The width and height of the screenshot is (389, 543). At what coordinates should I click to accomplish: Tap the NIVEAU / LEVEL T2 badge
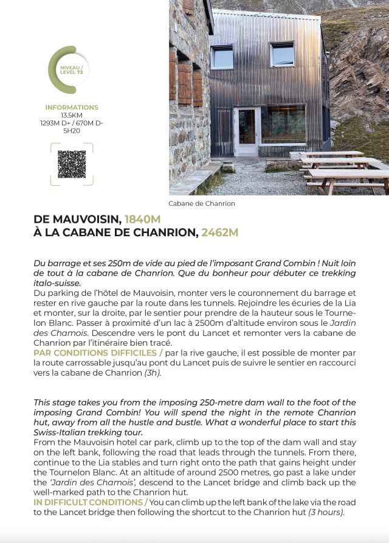pyautogui.click(x=72, y=69)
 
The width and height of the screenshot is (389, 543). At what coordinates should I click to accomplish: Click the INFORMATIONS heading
pyautogui.click(x=72, y=107)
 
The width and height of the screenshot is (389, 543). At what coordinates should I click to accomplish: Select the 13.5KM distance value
pyautogui.click(x=72, y=115)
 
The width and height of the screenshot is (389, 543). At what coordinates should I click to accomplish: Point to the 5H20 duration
pyautogui.click(x=72, y=130)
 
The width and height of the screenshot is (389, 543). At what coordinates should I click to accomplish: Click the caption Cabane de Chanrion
pyautogui.click(x=201, y=203)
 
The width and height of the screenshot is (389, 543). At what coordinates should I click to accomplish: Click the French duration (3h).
pyautogui.click(x=153, y=373)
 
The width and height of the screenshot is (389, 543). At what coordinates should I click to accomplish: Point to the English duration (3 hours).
pyautogui.click(x=326, y=512)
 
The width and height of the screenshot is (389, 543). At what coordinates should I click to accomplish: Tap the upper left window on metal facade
pyautogui.click(x=222, y=57)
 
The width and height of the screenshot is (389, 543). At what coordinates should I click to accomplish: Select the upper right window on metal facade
pyautogui.click(x=283, y=54)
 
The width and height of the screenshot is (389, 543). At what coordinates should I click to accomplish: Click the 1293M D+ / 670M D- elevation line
pyautogui.click(x=72, y=123)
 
